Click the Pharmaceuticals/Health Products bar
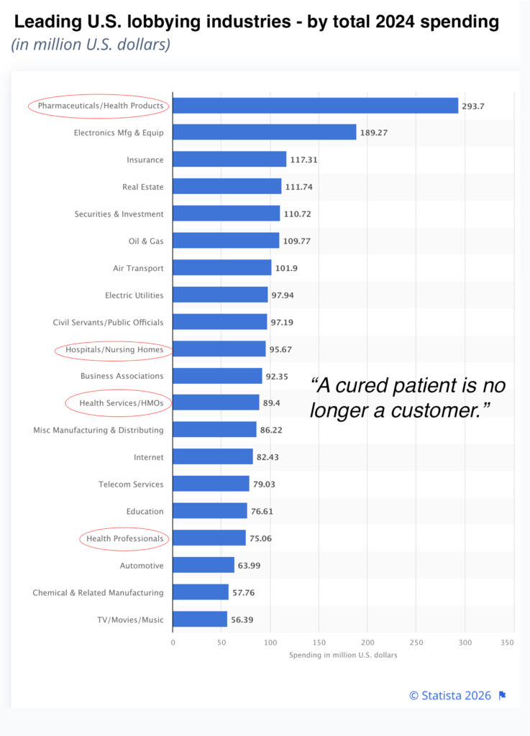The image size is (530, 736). pos(315,106)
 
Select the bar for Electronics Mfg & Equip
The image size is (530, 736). pos(264,132)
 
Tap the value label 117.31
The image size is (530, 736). pos(303,160)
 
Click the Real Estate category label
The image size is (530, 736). pos(142,187)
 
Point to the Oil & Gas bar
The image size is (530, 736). pos(226,241)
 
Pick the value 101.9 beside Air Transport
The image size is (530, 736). pos(286,268)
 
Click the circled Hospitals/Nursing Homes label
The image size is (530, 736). pos(114,350)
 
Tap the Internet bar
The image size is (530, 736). pos(213,457)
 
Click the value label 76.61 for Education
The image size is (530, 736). pos(262,512)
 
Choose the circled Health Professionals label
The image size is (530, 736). pos(124,538)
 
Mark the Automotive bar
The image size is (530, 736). pos(204,566)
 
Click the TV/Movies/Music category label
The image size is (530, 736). pos(130,620)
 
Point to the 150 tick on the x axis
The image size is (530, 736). pos(319,642)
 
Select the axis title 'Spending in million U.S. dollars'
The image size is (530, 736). pos(343,655)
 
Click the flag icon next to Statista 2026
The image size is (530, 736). pos(503,695)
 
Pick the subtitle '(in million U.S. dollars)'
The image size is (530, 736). pos(90,45)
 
